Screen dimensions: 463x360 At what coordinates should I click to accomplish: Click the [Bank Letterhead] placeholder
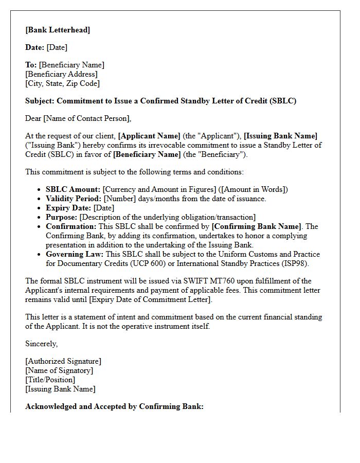click(58, 30)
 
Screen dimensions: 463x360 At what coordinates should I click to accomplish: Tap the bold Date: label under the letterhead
click(35, 47)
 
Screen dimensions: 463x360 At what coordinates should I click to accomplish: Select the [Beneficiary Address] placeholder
click(61, 74)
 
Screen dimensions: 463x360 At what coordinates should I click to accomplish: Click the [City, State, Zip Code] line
click(62, 83)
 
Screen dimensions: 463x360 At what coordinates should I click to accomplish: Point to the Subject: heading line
click(160, 101)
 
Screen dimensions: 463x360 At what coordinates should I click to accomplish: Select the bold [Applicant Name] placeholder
click(149, 136)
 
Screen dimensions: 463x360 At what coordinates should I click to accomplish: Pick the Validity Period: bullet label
click(74, 199)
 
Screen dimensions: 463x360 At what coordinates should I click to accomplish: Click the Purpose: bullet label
click(61, 217)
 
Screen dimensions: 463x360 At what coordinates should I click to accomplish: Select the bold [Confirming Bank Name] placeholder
click(257, 226)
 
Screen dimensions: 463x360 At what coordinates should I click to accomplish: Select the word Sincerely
click(41, 344)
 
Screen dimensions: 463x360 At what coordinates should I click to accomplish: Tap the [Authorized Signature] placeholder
click(63, 361)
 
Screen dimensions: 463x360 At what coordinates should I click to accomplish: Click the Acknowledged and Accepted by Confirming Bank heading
click(114, 406)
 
